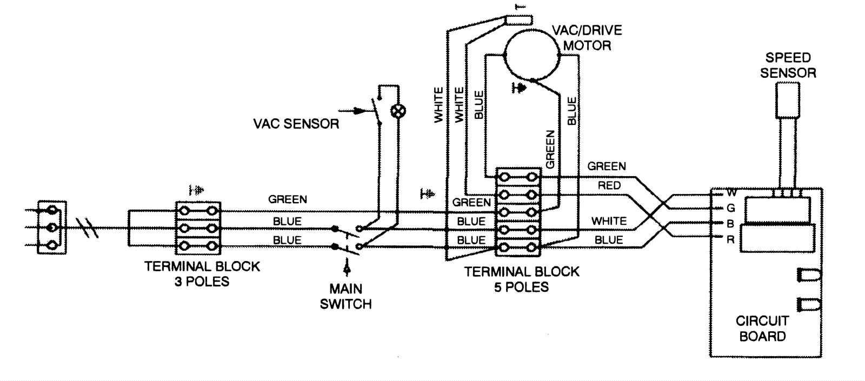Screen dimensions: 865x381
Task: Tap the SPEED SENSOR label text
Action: (x=788, y=65)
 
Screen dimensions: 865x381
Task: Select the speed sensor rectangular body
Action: (x=787, y=101)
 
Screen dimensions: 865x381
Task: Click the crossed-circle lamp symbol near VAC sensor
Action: (x=398, y=111)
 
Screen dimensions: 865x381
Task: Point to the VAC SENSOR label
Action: (x=296, y=124)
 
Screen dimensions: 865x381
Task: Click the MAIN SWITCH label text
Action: (x=345, y=297)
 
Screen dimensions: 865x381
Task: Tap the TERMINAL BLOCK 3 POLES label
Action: (x=202, y=274)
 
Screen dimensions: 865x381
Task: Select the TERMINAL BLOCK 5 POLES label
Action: (x=521, y=279)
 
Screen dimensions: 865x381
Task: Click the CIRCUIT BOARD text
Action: (x=762, y=329)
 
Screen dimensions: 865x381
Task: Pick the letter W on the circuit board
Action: (x=731, y=192)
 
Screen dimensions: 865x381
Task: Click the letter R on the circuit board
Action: (x=730, y=240)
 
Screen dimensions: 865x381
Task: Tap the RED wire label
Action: (x=609, y=186)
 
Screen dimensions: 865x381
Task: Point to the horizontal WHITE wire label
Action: (x=609, y=221)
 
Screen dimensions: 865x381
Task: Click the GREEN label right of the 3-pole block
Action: (x=288, y=199)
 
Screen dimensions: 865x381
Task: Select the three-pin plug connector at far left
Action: (x=52, y=228)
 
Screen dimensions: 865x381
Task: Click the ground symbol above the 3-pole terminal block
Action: (x=196, y=190)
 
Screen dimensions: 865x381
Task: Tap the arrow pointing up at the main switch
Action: (x=347, y=268)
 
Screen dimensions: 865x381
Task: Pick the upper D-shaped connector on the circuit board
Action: (x=808, y=275)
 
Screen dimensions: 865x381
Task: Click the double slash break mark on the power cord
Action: (x=88, y=228)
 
